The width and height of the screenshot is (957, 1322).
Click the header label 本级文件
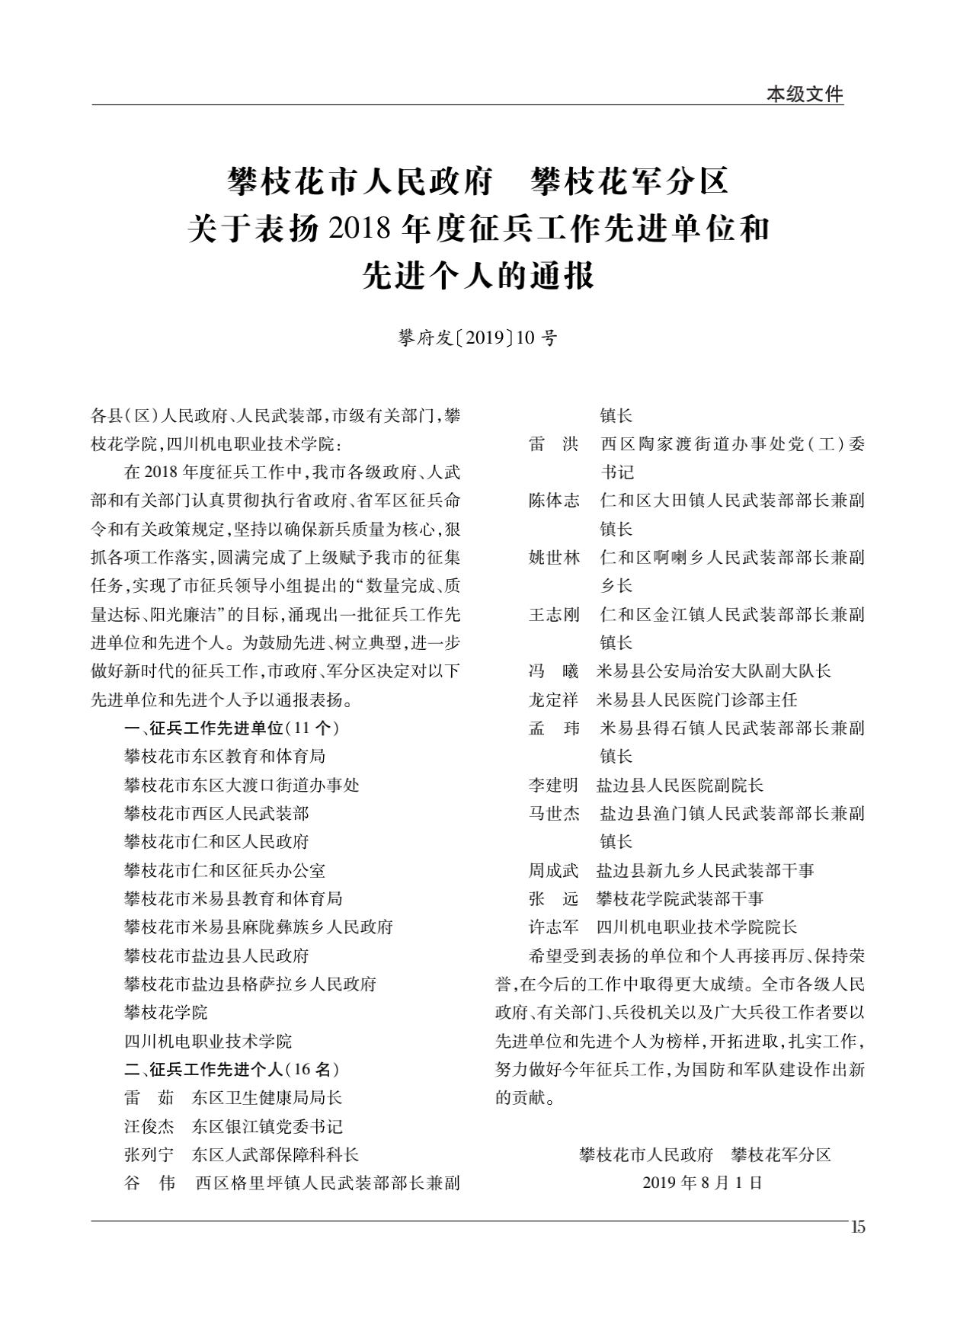805,94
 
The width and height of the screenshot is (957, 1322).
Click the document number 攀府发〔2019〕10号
478,338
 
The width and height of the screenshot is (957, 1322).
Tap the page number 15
858,1228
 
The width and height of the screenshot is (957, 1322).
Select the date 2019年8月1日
702,1183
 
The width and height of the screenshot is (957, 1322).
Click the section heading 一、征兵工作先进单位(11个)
232,728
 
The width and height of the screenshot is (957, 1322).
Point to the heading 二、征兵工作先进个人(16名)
232,1069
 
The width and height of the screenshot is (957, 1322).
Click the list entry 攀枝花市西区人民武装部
216,813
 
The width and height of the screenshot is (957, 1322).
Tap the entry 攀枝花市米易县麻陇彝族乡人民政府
258,927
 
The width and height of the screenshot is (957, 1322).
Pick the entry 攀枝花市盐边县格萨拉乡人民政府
250,984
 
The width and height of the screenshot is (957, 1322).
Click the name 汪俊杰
149,1126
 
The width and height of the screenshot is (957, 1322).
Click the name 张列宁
149,1154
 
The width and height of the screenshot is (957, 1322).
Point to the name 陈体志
554,501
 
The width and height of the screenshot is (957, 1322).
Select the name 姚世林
554,558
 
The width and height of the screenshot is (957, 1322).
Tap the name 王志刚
554,614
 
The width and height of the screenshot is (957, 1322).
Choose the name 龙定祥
554,699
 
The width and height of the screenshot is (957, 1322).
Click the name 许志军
554,927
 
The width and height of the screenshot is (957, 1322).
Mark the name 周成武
554,870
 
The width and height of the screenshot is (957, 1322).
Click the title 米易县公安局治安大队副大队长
713,671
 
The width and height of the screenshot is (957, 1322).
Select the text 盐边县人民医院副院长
680,785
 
